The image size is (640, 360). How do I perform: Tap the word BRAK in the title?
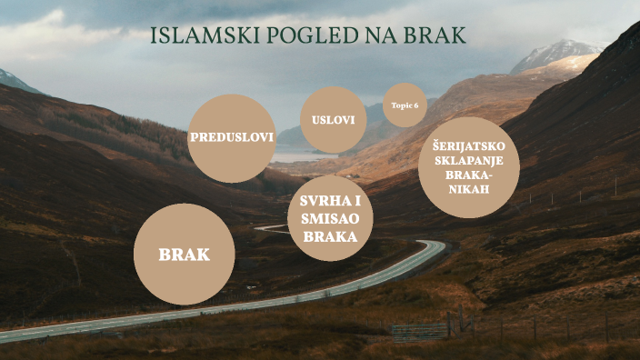[x=436, y=35]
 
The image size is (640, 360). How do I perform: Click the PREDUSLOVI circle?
[x=231, y=138]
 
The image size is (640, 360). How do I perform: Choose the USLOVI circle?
[x=333, y=120]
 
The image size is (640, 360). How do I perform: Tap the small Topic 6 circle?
[x=405, y=105]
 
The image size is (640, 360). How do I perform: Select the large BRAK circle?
[x=184, y=254]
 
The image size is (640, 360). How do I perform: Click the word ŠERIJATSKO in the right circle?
[x=469, y=145]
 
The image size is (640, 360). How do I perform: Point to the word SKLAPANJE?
[x=469, y=160]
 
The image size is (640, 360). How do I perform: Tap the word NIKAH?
[x=469, y=189]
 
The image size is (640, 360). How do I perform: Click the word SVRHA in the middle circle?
[x=323, y=201]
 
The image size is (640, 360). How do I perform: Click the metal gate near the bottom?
[x=420, y=331]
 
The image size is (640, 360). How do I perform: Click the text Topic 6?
[x=405, y=105]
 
